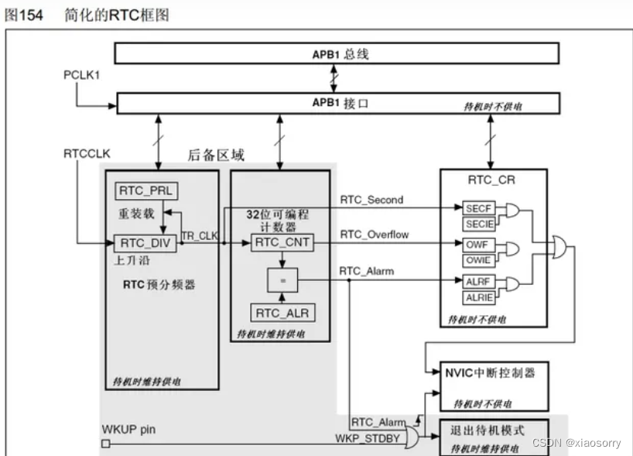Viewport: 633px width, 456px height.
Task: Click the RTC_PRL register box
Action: (x=144, y=190)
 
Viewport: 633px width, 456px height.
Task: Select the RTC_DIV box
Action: (x=144, y=243)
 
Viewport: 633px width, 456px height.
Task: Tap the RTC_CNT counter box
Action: (x=281, y=243)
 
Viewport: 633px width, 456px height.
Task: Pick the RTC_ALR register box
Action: (x=281, y=313)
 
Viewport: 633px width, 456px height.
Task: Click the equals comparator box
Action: (x=281, y=279)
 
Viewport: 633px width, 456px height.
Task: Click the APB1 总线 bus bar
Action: (x=337, y=53)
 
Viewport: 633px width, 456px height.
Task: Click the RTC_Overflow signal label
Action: (x=375, y=235)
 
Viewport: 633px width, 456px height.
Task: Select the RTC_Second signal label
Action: (x=371, y=200)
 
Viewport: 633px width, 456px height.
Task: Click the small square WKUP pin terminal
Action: (x=106, y=444)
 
